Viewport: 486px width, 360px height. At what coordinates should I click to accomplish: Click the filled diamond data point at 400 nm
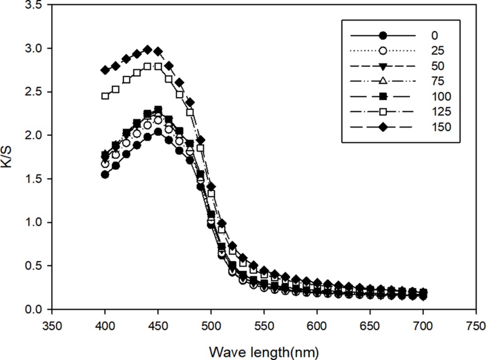pyautogui.click(x=105, y=70)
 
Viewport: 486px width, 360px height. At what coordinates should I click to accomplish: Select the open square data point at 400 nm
pyautogui.click(x=105, y=96)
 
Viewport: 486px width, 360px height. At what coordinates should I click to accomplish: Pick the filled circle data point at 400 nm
pyautogui.click(x=105, y=174)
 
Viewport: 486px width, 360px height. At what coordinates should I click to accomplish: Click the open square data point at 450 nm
pyautogui.click(x=158, y=66)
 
